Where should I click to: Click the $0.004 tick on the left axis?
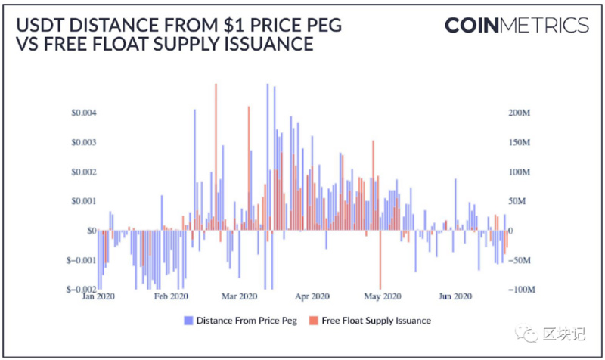coord(84,113)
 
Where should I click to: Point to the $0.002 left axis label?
coord(84,172)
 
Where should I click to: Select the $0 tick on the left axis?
coord(91,231)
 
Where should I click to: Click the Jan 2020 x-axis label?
coord(98,296)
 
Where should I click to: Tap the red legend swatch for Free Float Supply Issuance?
coord(313,321)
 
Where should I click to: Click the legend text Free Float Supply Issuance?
coord(376,321)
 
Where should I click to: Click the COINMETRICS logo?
coord(516,26)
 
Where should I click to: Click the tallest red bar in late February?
coord(216,151)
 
